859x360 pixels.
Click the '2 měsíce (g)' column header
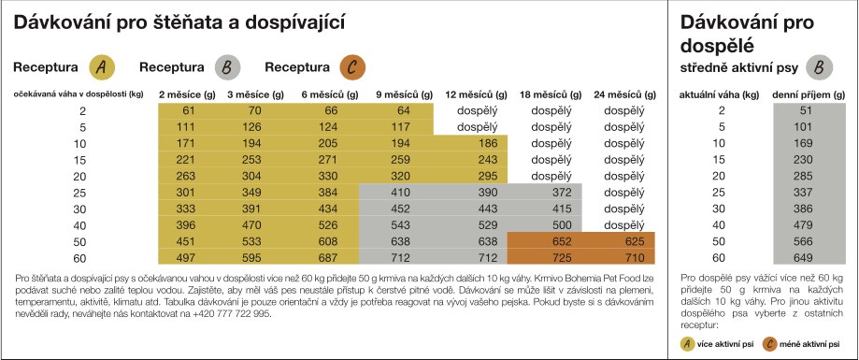pyautogui.click(x=187, y=94)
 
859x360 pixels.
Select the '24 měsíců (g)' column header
pyautogui.click(x=624, y=94)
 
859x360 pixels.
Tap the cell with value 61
pyautogui.click(x=189, y=110)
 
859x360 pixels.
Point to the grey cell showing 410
pyautogui.click(x=399, y=193)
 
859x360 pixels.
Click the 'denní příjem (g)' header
pyautogui.click(x=809, y=94)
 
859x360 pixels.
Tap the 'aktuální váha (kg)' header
pyautogui.click(x=719, y=94)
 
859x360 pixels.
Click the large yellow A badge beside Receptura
pyautogui.click(x=102, y=67)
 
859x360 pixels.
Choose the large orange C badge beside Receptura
pyautogui.click(x=352, y=67)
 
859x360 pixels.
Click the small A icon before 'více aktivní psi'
pyautogui.click(x=686, y=344)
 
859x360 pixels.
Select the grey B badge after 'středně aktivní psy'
pyautogui.click(x=820, y=68)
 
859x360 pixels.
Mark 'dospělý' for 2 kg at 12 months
pyautogui.click(x=477, y=110)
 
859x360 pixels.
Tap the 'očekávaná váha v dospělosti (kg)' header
pyautogui.click(x=79, y=94)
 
